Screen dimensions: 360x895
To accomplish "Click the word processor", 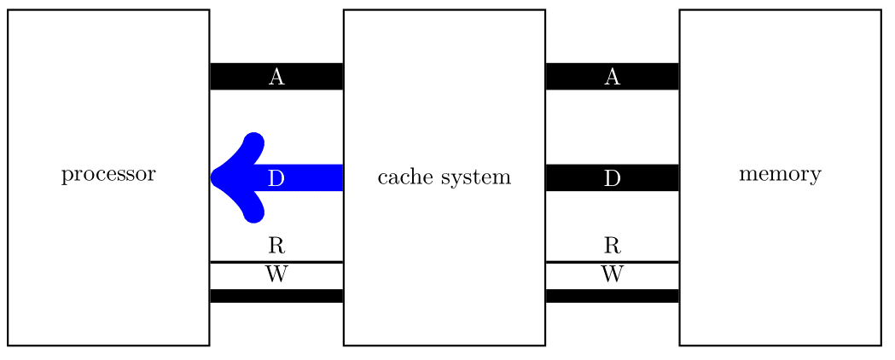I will click(x=108, y=175).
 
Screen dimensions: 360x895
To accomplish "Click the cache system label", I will click(x=444, y=177).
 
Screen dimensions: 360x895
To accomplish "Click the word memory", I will click(x=780, y=175).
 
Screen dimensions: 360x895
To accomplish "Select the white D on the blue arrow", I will click(x=276, y=178).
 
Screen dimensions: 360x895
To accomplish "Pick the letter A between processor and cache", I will click(x=276, y=77).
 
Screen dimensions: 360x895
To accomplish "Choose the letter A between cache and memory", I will click(x=612, y=77).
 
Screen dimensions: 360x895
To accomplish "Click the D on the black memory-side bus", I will click(x=612, y=178).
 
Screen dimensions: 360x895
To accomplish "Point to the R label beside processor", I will click(x=276, y=247).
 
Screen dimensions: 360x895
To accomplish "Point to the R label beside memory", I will click(x=612, y=247).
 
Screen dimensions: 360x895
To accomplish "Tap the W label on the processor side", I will click(x=276, y=274).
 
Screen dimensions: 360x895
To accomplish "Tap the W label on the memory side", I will click(x=612, y=274).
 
